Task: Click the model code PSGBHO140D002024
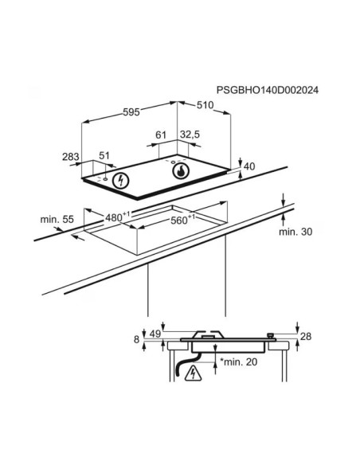[x=268, y=90]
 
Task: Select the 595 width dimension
[x=131, y=112]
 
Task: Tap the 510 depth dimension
[x=205, y=105]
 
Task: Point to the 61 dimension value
[x=161, y=135]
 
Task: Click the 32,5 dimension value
[x=190, y=135]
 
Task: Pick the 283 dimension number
[x=71, y=157]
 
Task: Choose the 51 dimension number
[x=104, y=156]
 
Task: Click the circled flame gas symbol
[x=181, y=171]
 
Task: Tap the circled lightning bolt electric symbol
[x=121, y=180]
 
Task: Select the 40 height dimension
[x=249, y=166]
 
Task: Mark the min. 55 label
[x=57, y=220]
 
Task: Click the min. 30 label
[x=295, y=232]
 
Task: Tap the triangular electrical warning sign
[x=193, y=373]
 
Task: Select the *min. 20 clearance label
[x=239, y=361]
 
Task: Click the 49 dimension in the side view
[x=155, y=334]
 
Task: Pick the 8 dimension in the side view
[x=136, y=339]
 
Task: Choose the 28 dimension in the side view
[x=306, y=336]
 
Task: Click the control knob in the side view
[x=270, y=336]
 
